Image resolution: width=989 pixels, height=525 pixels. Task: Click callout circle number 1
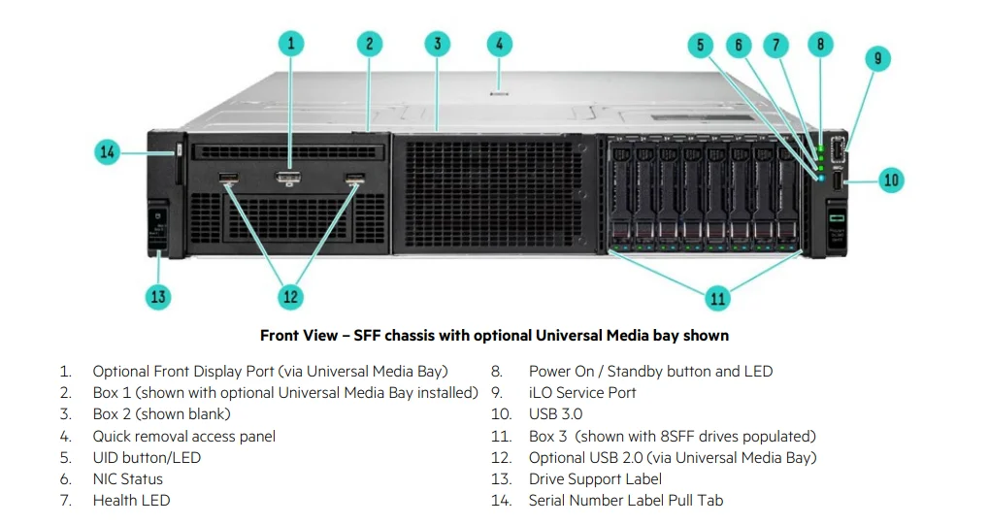(290, 43)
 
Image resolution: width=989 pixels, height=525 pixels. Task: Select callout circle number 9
(876, 59)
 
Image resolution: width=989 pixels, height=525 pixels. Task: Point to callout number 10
(891, 180)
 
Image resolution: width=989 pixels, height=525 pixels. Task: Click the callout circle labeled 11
(717, 298)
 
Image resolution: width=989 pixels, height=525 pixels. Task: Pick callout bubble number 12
(290, 297)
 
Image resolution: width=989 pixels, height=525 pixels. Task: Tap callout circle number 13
(158, 297)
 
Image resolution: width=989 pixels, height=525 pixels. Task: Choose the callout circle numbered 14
(108, 151)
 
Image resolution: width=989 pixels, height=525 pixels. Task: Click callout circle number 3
(437, 44)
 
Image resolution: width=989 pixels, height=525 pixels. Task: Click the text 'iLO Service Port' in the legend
(582, 393)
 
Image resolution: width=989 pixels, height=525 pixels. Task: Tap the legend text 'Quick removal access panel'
(183, 437)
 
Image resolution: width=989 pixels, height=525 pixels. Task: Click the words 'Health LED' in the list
(131, 501)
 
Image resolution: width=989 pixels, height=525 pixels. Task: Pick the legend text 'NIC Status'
(127, 479)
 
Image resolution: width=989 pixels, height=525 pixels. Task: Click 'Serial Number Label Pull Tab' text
(625, 501)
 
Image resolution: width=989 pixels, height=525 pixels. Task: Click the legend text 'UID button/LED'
(147, 458)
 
